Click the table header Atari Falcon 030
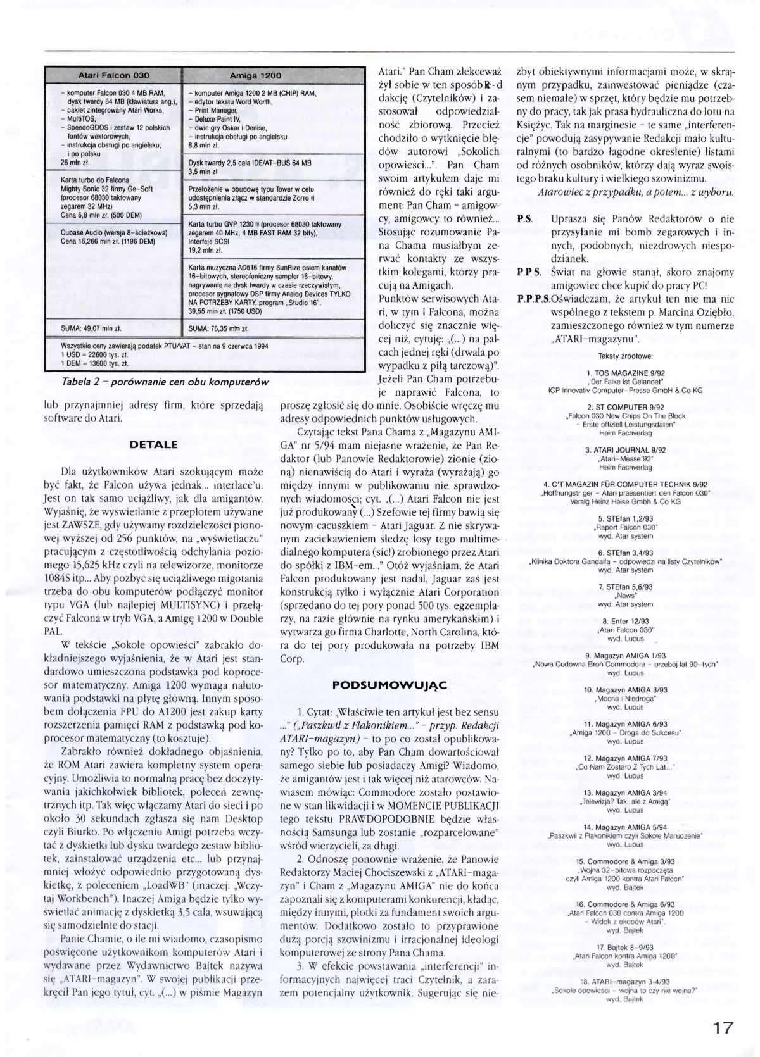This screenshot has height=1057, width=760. pos(113,75)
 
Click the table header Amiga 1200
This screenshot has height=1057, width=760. pos(255,76)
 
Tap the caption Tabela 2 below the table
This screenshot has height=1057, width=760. pos(165,382)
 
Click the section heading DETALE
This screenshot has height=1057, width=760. pos(153,444)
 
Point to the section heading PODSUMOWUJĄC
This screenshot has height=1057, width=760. pos(389,685)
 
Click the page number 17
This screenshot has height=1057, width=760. pos(722,1027)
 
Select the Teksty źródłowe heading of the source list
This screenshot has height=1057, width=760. pos(625,356)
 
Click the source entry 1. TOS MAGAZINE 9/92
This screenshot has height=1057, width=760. pos(625,373)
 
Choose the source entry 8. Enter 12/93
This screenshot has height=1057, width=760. pos(625,622)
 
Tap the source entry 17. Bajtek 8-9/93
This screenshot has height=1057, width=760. pos(625,948)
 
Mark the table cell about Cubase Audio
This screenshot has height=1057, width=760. pos(114,236)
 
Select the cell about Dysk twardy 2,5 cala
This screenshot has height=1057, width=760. pos(250,166)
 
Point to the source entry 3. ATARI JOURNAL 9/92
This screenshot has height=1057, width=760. pos(625,450)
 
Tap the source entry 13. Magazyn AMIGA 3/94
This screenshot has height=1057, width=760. pos(625,792)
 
